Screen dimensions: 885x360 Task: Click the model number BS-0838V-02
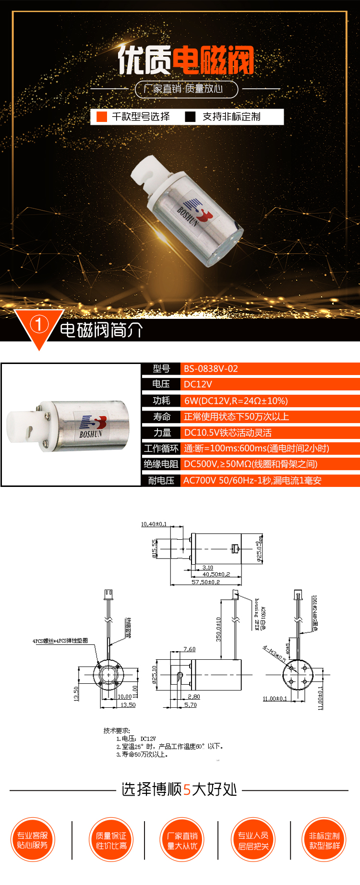211,369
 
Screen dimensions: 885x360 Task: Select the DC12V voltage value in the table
198,384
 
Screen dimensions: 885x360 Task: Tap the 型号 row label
161,369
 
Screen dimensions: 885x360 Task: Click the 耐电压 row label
161,481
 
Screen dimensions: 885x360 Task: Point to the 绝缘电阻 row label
161,464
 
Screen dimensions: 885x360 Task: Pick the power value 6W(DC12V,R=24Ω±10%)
236,401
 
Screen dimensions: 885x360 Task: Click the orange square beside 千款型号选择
102,117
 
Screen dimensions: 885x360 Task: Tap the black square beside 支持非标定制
191,117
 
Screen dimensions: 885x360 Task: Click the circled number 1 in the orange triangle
39,325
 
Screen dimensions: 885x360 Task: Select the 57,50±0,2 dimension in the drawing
205,582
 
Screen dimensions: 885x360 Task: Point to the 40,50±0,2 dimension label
216,574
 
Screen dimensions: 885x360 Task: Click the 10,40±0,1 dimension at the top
154,524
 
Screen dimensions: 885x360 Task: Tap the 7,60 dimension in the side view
189,649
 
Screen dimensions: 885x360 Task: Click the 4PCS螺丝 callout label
60,641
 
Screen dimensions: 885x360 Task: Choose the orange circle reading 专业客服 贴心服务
33,840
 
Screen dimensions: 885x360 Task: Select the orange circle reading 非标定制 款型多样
324,840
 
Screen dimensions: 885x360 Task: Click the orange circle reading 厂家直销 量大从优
182,840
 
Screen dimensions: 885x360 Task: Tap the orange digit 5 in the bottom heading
187,789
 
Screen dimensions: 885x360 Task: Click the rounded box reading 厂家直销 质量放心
187,89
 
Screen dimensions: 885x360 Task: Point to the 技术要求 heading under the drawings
117,730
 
